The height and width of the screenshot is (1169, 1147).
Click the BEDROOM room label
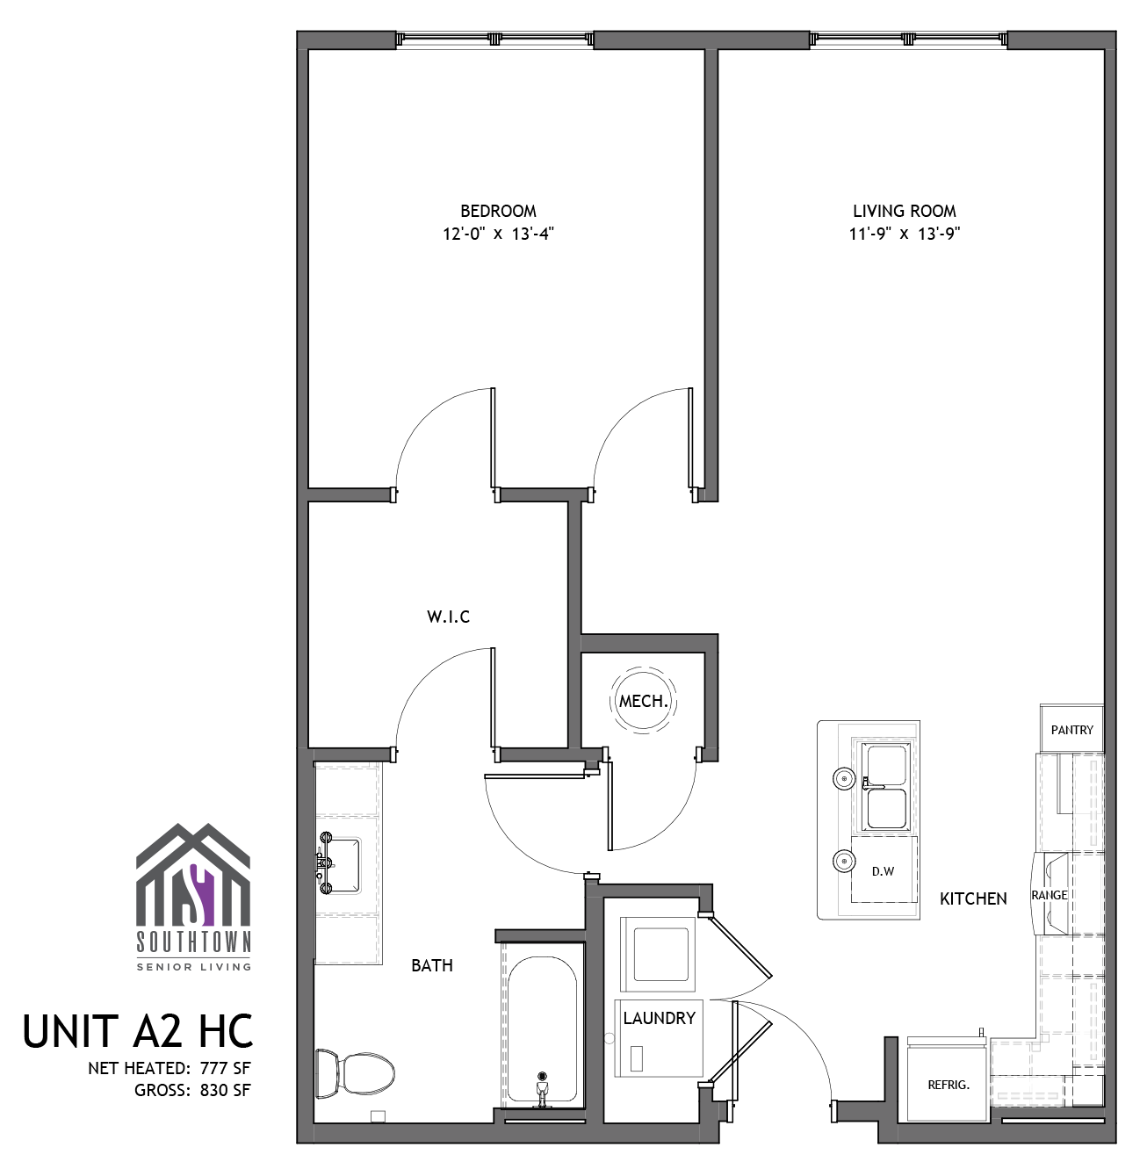click(x=498, y=211)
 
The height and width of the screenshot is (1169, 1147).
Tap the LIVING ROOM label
click(x=905, y=211)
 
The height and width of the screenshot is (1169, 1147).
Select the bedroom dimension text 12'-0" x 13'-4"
click(x=498, y=235)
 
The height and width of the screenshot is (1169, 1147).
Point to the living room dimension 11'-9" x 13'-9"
click(x=905, y=235)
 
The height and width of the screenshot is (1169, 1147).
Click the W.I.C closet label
click(x=449, y=617)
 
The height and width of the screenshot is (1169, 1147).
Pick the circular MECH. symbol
click(x=643, y=702)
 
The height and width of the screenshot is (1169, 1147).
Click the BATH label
click(x=432, y=965)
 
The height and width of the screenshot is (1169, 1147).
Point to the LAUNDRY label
click(x=659, y=1018)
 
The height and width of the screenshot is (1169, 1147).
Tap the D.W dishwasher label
click(x=883, y=872)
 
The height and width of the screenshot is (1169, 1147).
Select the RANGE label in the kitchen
click(x=1050, y=895)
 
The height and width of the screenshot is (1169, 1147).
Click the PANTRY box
click(x=1071, y=730)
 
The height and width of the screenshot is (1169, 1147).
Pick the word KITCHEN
click(x=973, y=898)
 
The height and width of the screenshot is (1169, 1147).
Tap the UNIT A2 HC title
click(x=138, y=1031)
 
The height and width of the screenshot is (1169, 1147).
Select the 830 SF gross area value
click(x=225, y=1090)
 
